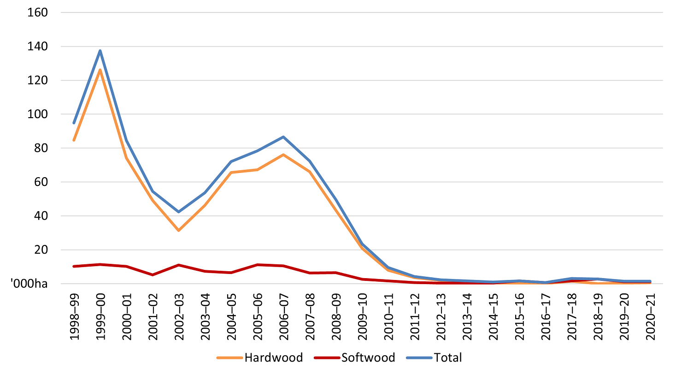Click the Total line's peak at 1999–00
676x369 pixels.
coord(100,51)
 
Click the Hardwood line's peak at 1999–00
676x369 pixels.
coord(100,70)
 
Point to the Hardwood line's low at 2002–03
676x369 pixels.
coord(178,230)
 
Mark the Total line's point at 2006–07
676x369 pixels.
coord(283,137)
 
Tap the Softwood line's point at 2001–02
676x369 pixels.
coord(152,274)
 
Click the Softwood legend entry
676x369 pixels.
coord(354,357)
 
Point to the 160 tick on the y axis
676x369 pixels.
coord(38,12)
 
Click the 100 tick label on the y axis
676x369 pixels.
coord(38,114)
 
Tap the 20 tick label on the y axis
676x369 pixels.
coord(41,250)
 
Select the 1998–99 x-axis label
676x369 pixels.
coord(74,315)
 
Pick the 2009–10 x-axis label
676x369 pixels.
coord(362,315)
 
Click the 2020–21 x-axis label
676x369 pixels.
coord(650,315)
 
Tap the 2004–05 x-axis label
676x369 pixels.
coord(231,315)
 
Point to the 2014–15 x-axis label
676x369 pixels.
coord(493,315)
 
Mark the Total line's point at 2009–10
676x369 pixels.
coord(362,244)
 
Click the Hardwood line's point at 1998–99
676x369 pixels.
coord(74,140)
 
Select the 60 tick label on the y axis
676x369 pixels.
coord(41,182)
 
